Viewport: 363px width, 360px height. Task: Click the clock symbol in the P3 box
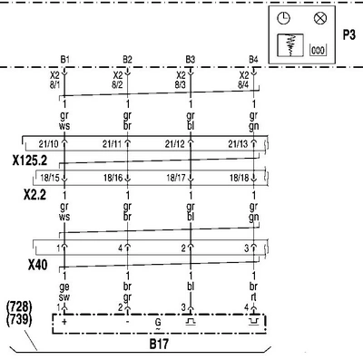pyautogui.click(x=283, y=18)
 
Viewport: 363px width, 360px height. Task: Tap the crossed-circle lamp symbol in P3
pyautogui.click(x=320, y=18)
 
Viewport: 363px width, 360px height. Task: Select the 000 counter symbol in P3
pyautogui.click(x=318, y=50)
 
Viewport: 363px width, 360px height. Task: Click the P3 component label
pyautogui.click(x=348, y=35)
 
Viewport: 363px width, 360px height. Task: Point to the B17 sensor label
pyautogui.click(x=159, y=344)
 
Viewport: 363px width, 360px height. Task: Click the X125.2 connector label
pyautogui.click(x=30, y=161)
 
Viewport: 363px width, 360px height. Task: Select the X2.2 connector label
pyautogui.click(x=35, y=195)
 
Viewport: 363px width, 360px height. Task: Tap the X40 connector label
pyautogui.click(x=38, y=265)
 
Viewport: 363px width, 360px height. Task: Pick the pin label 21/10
pyautogui.click(x=48, y=144)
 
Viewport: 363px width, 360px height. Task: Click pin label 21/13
pyautogui.click(x=238, y=144)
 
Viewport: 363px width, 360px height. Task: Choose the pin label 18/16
pyautogui.click(x=113, y=178)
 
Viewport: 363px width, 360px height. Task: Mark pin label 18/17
pyautogui.click(x=176, y=178)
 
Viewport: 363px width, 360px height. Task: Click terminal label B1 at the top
pyautogui.click(x=64, y=60)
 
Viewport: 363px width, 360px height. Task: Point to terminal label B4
pyautogui.click(x=253, y=60)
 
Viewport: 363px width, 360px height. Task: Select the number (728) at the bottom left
pyautogui.click(x=19, y=307)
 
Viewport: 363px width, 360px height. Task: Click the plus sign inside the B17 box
pyautogui.click(x=64, y=321)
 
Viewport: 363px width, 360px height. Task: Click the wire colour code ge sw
pyautogui.click(x=64, y=292)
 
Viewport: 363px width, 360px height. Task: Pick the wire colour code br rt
pyautogui.click(x=253, y=292)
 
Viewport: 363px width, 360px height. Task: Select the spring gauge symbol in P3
pyautogui.click(x=290, y=45)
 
